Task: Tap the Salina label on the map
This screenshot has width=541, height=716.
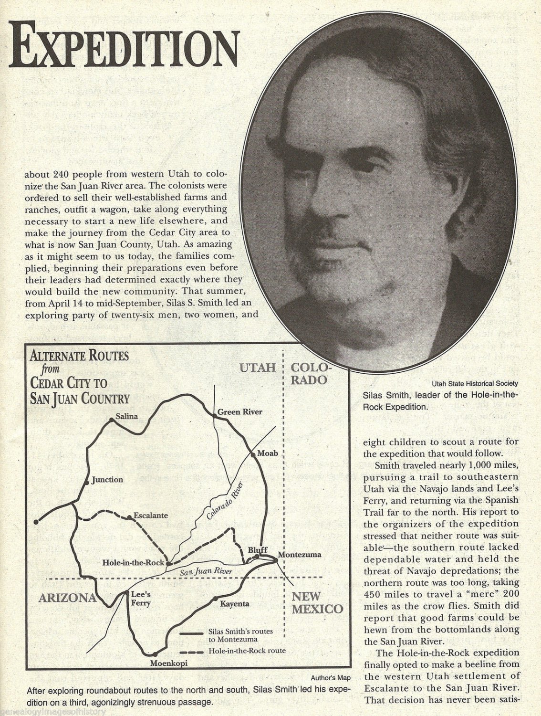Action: pyautogui.click(x=126, y=416)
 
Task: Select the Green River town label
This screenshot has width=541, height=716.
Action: pyautogui.click(x=240, y=412)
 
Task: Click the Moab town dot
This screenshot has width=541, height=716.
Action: pyautogui.click(x=253, y=455)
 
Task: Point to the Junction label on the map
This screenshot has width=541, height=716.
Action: pyautogui.click(x=107, y=479)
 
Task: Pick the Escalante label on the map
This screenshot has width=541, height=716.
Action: pyautogui.click(x=151, y=516)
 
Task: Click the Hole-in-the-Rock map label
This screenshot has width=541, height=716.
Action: pyautogui.click(x=134, y=563)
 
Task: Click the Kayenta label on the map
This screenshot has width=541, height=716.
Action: pyautogui.click(x=235, y=604)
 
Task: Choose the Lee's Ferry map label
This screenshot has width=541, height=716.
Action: pyautogui.click(x=141, y=599)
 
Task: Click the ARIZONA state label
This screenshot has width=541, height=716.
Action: pyautogui.click(x=68, y=598)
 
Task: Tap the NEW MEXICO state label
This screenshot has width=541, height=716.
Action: pyautogui.click(x=317, y=602)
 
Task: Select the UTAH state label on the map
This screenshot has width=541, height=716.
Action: pyautogui.click(x=258, y=368)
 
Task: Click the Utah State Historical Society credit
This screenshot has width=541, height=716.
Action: pyautogui.click(x=475, y=383)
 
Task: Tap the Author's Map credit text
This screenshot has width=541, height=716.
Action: pyautogui.click(x=331, y=677)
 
